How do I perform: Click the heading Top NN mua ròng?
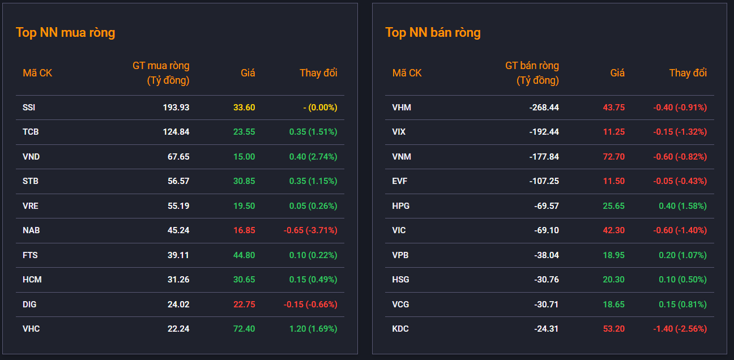pyautogui.click(x=66, y=33)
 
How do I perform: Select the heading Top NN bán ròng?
pyautogui.click(x=433, y=33)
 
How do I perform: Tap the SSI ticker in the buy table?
pyautogui.click(x=29, y=108)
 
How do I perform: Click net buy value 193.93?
pyautogui.click(x=176, y=108)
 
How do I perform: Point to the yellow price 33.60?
pyautogui.click(x=244, y=108)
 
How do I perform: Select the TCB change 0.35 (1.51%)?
pyautogui.click(x=313, y=132)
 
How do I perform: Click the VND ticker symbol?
pyautogui.click(x=31, y=157)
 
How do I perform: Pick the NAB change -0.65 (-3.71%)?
pyautogui.click(x=310, y=230)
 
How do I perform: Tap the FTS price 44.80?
pyautogui.click(x=244, y=255)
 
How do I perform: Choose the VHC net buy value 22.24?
pyautogui.click(x=178, y=328)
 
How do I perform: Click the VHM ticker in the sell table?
pyautogui.click(x=402, y=108)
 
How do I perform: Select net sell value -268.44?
pyautogui.click(x=544, y=108)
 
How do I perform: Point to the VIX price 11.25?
pyautogui.click(x=614, y=132)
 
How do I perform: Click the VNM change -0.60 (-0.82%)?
pyautogui.click(x=680, y=157)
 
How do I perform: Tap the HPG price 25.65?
pyautogui.click(x=614, y=205)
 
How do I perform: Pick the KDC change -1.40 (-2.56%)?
pyautogui.click(x=680, y=328)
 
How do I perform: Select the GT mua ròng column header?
pyautogui.click(x=161, y=72)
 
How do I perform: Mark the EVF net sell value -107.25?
pyautogui.click(x=544, y=181)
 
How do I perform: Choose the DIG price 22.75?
pyautogui.click(x=244, y=305)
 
